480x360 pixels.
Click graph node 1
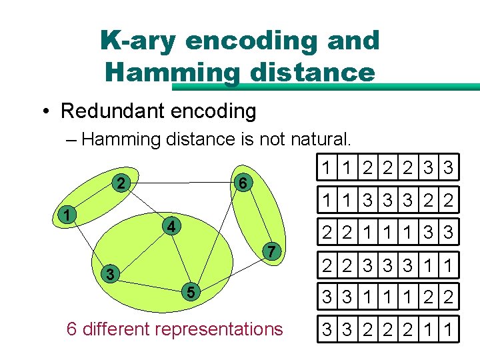pos(65,214)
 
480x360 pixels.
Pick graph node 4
pos(171,227)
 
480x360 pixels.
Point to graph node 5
pos(191,291)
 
